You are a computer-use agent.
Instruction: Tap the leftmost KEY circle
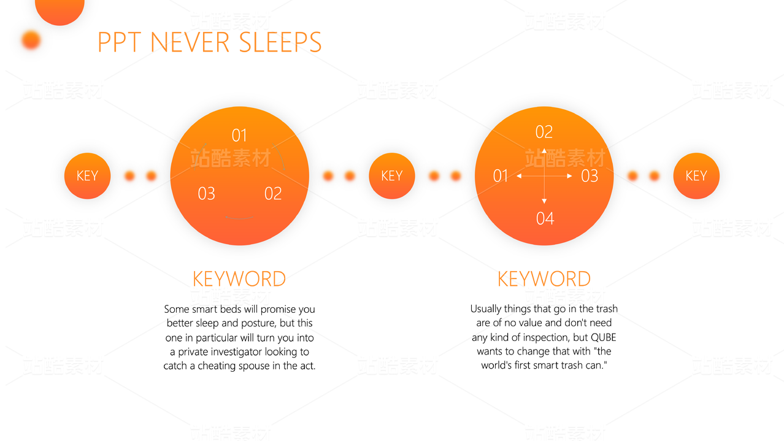coord(87,175)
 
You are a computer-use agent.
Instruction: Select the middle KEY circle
coord(391,175)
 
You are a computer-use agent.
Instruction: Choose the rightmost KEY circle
coord(696,175)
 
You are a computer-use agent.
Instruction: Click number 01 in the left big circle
coord(239,136)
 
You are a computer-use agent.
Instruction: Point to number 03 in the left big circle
coord(206,194)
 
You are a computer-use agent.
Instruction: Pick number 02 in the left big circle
coord(273,194)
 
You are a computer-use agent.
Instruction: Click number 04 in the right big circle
coord(545,218)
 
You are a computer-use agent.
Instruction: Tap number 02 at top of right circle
coord(544,132)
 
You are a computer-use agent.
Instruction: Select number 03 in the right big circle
coord(590,175)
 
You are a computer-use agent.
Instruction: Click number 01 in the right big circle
coord(501,175)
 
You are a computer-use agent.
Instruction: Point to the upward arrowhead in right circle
coord(544,151)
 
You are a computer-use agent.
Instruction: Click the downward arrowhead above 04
coord(544,201)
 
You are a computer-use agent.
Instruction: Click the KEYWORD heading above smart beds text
coord(239,279)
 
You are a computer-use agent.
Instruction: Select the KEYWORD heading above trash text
coord(544,279)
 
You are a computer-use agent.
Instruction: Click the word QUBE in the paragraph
coord(604,337)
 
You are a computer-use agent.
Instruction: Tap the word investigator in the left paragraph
coord(236,351)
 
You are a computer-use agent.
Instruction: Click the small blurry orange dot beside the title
coord(31,40)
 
